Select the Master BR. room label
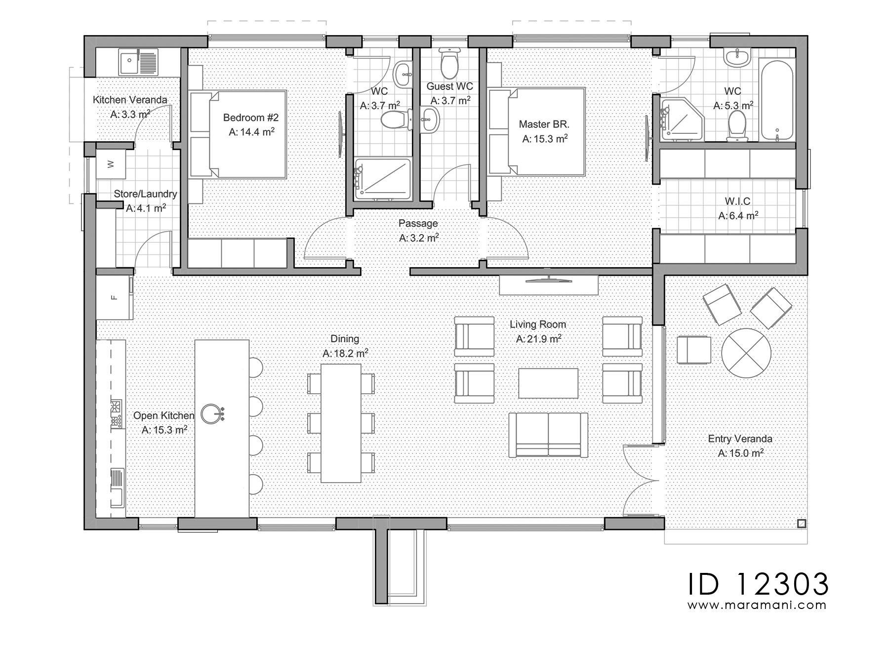point(544,124)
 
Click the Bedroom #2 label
point(251,118)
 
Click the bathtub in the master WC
point(777,100)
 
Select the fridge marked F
point(114,297)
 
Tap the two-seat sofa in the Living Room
point(548,435)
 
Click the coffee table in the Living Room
point(548,383)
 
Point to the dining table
point(341,423)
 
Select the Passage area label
point(418,223)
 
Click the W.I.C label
point(738,202)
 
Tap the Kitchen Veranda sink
point(138,62)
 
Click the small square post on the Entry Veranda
point(801,524)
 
